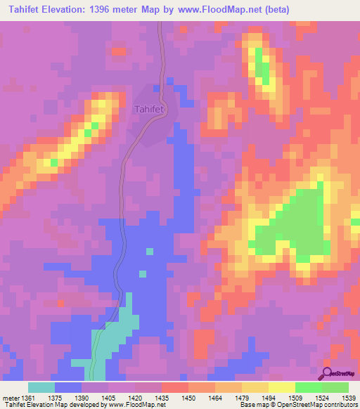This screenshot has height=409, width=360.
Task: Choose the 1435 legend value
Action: click(161, 398)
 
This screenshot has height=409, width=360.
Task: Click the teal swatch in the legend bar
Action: click(41, 387)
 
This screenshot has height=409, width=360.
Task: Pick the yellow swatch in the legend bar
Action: click(281, 387)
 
